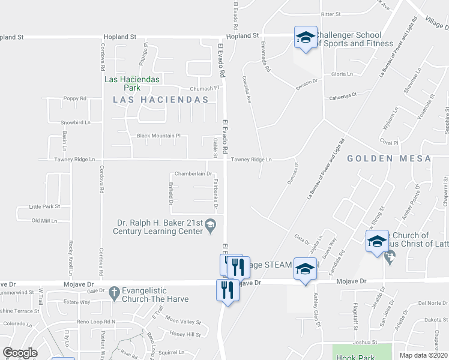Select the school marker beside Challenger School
(305, 38)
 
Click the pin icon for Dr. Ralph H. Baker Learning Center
(210, 226)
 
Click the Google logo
(20, 353)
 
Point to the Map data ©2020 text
(424, 355)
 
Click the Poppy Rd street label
(75, 98)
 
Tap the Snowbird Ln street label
(75, 122)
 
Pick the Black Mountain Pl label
(158, 136)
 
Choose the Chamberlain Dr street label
(193, 173)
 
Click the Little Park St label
(45, 206)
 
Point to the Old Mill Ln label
(44, 221)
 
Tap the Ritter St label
(331, 14)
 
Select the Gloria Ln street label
(342, 74)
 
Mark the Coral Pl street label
(390, 142)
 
